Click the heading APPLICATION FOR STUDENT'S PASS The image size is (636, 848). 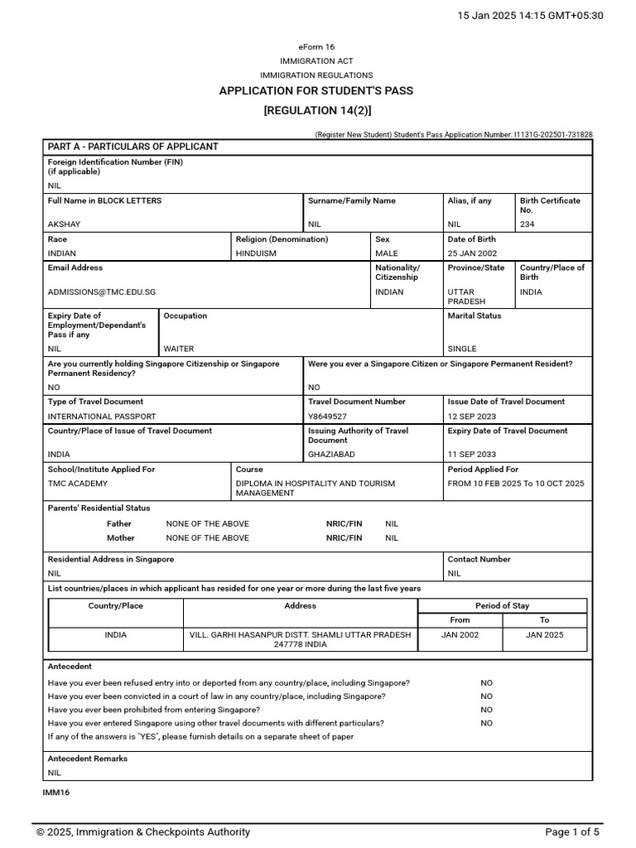[316, 90]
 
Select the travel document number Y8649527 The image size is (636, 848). [327, 417]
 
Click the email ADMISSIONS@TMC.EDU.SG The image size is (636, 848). [101, 292]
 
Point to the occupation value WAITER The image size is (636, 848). [179, 349]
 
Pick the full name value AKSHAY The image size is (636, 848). [64, 224]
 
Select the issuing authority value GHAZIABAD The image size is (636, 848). [331, 455]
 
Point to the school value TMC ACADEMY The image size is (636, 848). [77, 484]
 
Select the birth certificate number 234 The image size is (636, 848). [528, 224]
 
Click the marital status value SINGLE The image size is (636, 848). [462, 349]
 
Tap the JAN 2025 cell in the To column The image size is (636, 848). [544, 635]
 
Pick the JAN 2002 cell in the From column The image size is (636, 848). [460, 635]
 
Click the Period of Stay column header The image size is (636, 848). [502, 606]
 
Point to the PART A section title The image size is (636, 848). [132, 147]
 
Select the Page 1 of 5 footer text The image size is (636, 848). [572, 832]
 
